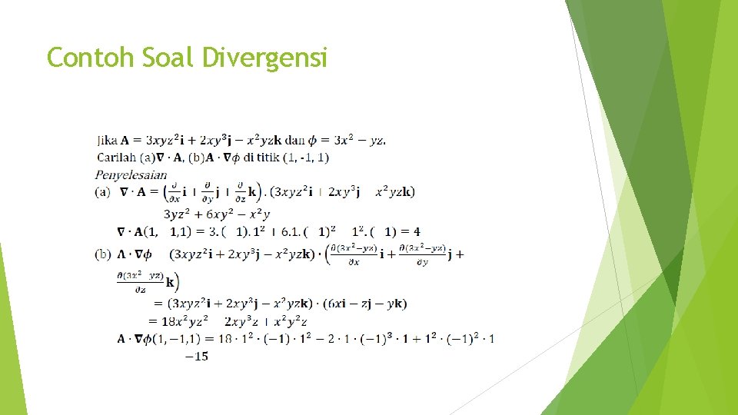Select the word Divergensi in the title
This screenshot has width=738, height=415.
[264, 58]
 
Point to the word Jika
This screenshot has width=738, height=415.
[108, 141]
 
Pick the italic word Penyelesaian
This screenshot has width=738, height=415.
[131, 174]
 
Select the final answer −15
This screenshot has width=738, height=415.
[197, 356]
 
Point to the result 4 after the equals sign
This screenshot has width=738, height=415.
[417, 231]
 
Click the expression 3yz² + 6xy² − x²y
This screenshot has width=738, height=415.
[217, 214]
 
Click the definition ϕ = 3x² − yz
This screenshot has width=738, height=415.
[347, 141]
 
